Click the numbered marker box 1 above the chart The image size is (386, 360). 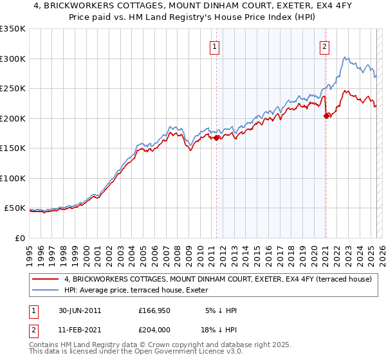[x=214, y=46]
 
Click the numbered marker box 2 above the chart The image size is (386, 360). [x=324, y=46]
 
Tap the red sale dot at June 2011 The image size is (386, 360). [x=217, y=137]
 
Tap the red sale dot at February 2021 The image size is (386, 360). [x=326, y=116]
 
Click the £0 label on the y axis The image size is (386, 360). [x=19, y=239]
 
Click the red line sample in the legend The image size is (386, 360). [x=46, y=279]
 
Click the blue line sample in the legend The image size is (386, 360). [x=46, y=290]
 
